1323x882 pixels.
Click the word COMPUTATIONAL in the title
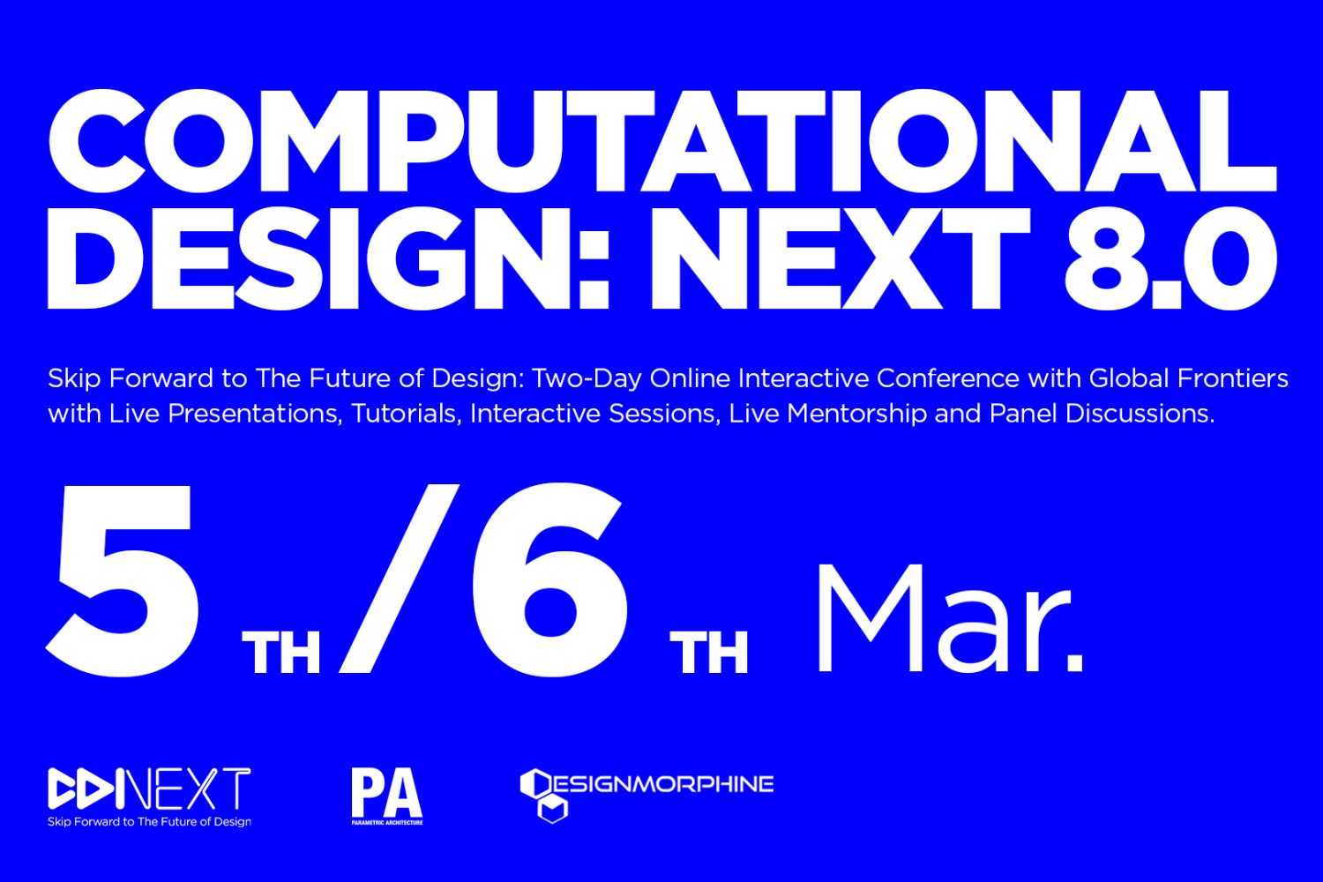tap(662, 141)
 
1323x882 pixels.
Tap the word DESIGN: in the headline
tap(328, 258)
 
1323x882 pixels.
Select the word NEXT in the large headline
tap(839, 258)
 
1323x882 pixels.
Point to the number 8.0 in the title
tap(1170, 258)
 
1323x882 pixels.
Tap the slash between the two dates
tap(400, 579)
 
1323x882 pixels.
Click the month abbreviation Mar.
tap(950, 618)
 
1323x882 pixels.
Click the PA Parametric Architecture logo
tap(387, 796)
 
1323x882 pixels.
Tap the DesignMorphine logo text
tap(661, 784)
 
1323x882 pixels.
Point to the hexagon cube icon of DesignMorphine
tap(543, 796)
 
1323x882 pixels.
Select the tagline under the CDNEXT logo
tap(149, 822)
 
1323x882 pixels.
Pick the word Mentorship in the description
tap(857, 415)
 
